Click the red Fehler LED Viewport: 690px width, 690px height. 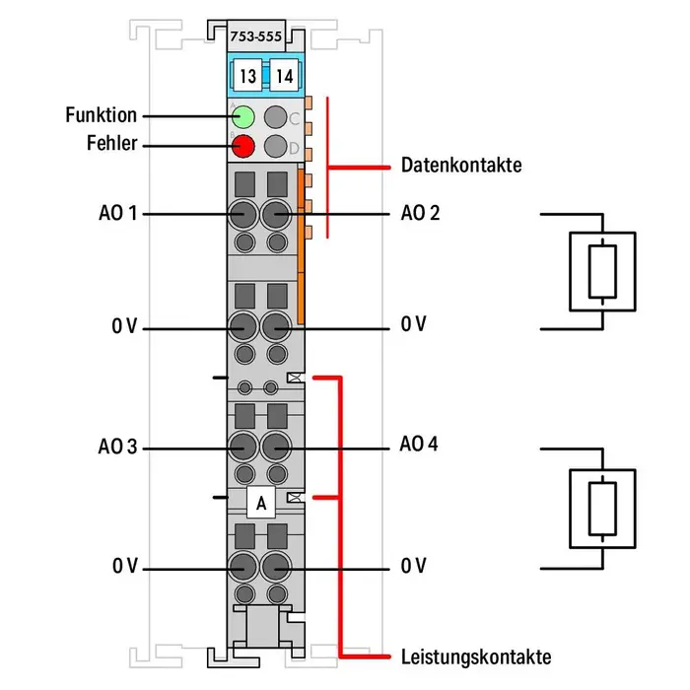click(242, 148)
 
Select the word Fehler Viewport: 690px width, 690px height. click(111, 145)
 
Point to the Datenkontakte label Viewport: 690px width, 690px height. click(460, 165)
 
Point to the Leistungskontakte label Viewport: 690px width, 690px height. click(475, 656)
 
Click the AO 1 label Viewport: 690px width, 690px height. click(117, 213)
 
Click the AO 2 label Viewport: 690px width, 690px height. click(421, 213)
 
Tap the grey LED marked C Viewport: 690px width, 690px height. click(276, 118)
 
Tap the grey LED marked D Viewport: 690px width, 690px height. click(276, 148)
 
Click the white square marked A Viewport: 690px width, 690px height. click(260, 503)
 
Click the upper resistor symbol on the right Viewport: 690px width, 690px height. click(602, 271)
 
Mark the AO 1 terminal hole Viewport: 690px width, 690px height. click(241, 214)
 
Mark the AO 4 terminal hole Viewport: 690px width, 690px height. click(278, 448)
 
